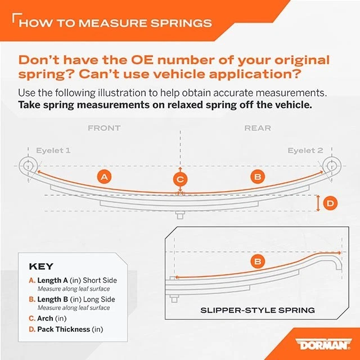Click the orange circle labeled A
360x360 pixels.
[x=103, y=177]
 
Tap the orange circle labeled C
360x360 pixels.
[x=180, y=179]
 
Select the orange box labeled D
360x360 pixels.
[x=331, y=203]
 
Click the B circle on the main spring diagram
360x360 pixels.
[x=257, y=177]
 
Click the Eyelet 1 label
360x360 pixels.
[x=53, y=151]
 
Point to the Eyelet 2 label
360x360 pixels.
[x=305, y=151]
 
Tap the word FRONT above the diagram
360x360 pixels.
[x=104, y=128]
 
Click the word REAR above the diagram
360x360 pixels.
[x=257, y=128]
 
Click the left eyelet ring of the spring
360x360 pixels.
[x=26, y=165]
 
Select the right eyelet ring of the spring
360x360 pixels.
[x=332, y=165]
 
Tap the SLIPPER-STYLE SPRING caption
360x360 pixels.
[x=258, y=310]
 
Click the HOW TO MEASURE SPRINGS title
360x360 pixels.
[x=115, y=23]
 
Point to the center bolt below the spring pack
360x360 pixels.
[x=180, y=215]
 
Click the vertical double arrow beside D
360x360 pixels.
[x=318, y=203]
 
